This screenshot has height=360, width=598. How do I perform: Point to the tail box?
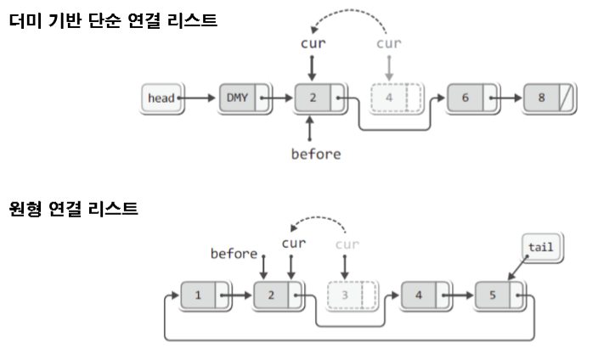540,248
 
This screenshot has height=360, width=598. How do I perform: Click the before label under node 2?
315,155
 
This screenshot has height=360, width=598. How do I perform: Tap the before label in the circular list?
234,252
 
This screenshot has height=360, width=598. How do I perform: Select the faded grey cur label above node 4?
389,42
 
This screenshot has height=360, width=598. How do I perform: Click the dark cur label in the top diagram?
313,42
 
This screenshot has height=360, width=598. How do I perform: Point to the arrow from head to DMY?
200,98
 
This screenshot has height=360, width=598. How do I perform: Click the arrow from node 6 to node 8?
511,98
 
